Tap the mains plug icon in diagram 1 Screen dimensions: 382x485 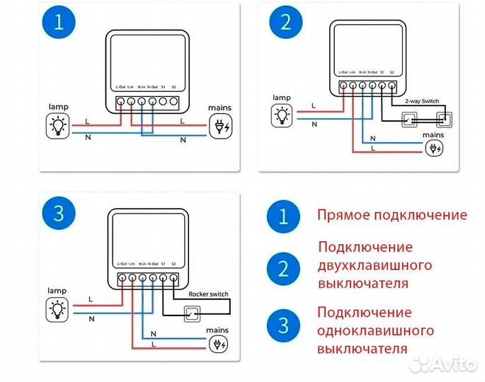coord(219,126)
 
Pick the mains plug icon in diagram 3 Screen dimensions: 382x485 coord(219,345)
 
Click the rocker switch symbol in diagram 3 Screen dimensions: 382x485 coord(191,311)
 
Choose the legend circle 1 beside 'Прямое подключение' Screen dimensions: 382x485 coord(284,216)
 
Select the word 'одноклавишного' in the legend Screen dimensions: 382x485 coord(375,330)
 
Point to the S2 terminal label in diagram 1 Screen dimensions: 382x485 coord(173,87)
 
